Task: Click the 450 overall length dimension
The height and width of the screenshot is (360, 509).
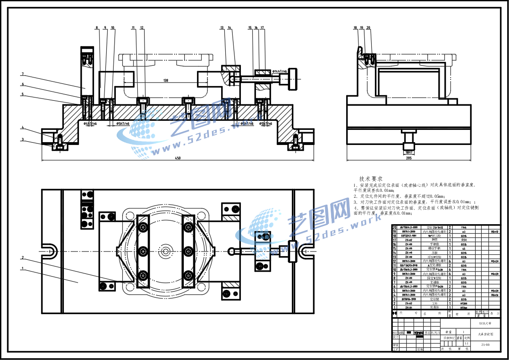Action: click(x=177, y=158)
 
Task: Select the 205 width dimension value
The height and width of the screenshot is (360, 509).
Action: click(x=408, y=158)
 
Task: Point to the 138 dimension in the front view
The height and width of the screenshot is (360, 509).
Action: click(x=165, y=81)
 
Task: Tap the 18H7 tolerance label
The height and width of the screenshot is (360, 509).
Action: click(x=408, y=152)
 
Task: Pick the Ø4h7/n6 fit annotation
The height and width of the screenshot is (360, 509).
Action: click(x=90, y=123)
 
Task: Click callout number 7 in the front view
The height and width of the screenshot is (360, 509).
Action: click(x=22, y=74)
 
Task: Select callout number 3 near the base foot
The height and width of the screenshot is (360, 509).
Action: click(x=22, y=139)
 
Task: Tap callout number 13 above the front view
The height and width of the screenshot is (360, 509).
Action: click(x=222, y=28)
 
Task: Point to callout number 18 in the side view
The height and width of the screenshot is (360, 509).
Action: click(x=355, y=28)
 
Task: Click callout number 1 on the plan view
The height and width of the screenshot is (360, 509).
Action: click(x=22, y=268)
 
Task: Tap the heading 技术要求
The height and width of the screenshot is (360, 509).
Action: click(x=370, y=179)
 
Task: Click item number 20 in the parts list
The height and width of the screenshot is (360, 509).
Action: click(x=395, y=227)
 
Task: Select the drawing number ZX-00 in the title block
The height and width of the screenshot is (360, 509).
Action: click(x=485, y=345)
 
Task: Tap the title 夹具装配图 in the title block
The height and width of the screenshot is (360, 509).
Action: click(x=485, y=334)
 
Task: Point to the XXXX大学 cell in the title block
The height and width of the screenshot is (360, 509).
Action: click(x=485, y=323)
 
